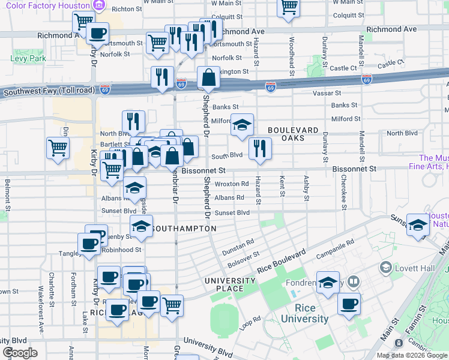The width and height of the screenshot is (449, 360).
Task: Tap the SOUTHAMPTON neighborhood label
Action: [184, 229]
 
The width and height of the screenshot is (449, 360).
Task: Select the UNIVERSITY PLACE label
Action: [230, 285]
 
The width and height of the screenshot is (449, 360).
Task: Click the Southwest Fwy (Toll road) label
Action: [49, 91]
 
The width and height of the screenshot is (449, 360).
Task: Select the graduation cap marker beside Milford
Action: [243, 125]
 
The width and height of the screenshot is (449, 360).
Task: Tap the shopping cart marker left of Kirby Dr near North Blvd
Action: [58, 148]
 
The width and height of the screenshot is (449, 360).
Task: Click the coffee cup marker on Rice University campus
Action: [349, 304]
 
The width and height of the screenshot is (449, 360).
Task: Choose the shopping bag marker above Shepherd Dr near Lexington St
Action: [208, 77]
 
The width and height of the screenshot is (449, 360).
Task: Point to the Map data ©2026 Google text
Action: [411, 355]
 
